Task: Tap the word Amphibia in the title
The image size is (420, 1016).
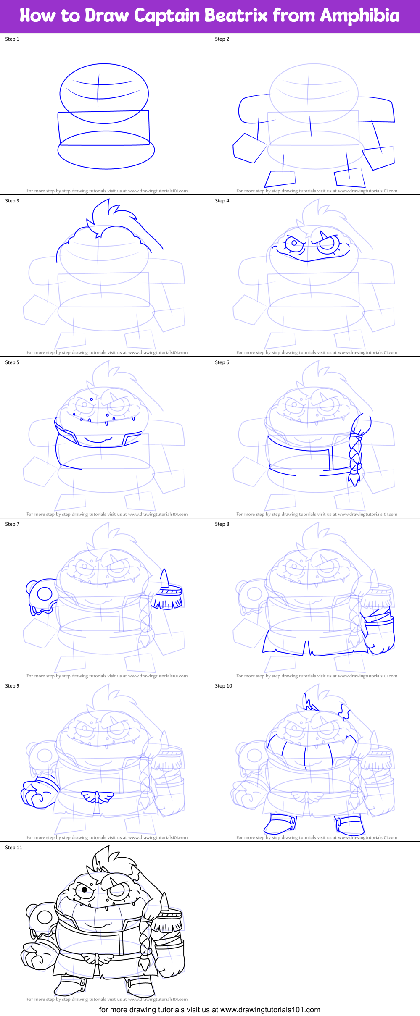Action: click(x=359, y=16)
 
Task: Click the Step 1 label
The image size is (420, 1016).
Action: click(x=12, y=39)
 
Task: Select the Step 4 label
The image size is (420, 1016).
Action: click(x=222, y=201)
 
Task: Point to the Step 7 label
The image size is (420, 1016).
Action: click(x=12, y=524)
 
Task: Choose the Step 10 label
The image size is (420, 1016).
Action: click(x=223, y=686)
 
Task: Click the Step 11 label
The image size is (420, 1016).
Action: click(x=13, y=848)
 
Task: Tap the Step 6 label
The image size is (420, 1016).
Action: click(x=222, y=362)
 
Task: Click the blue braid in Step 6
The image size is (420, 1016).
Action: click(x=355, y=454)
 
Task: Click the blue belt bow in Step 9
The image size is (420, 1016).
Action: click(x=98, y=796)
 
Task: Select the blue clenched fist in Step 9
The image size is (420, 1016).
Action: click(x=37, y=793)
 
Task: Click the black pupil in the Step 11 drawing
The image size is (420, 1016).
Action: click(x=84, y=890)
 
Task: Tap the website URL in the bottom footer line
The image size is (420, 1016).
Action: click(x=270, y=1010)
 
